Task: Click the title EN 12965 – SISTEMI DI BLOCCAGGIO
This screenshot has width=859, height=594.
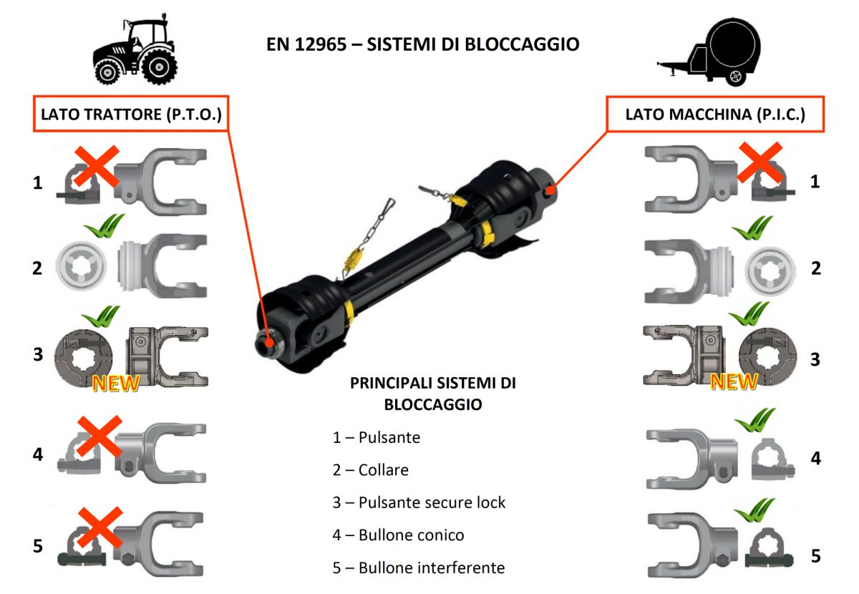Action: (x=422, y=44)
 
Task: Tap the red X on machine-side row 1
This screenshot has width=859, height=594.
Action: (x=760, y=162)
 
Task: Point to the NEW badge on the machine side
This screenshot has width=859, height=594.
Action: (x=734, y=381)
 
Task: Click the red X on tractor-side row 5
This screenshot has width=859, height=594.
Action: (x=100, y=530)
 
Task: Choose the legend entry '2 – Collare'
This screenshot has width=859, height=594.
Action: (x=370, y=470)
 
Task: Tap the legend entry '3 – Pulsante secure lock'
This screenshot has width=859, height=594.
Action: (x=419, y=502)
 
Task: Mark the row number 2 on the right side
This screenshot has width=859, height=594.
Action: (x=815, y=268)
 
